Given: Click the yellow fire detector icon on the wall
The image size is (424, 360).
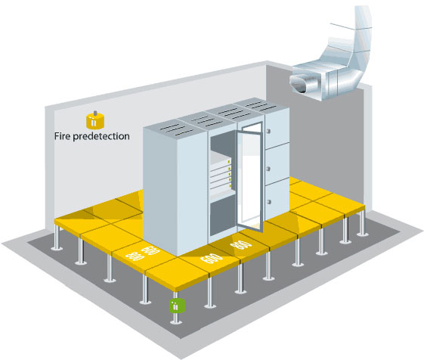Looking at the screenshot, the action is tap(95, 120).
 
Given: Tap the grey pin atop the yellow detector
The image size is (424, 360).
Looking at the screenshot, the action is tap(95, 113).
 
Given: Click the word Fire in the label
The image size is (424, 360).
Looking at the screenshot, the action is tap(63, 135).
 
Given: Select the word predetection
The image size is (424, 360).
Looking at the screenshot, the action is tap(101, 136).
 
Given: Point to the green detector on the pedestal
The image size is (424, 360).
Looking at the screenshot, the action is tap(177, 306).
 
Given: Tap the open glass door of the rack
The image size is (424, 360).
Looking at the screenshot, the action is tap(249, 177).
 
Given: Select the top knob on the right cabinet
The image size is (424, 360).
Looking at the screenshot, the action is tap(268, 132).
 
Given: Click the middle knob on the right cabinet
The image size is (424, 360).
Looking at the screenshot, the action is tap(268, 169).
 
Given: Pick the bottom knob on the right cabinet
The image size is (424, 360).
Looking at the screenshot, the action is tap(269, 202).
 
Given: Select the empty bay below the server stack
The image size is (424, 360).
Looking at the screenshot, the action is tap(223, 216).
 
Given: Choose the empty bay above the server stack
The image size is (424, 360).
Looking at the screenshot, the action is tap(223, 144).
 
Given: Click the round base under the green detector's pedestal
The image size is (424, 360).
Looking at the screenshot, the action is tap(176, 321).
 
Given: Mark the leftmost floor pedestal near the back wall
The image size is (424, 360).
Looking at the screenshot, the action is tap(56, 237).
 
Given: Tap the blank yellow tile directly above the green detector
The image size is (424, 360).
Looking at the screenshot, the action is tap(177, 273).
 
